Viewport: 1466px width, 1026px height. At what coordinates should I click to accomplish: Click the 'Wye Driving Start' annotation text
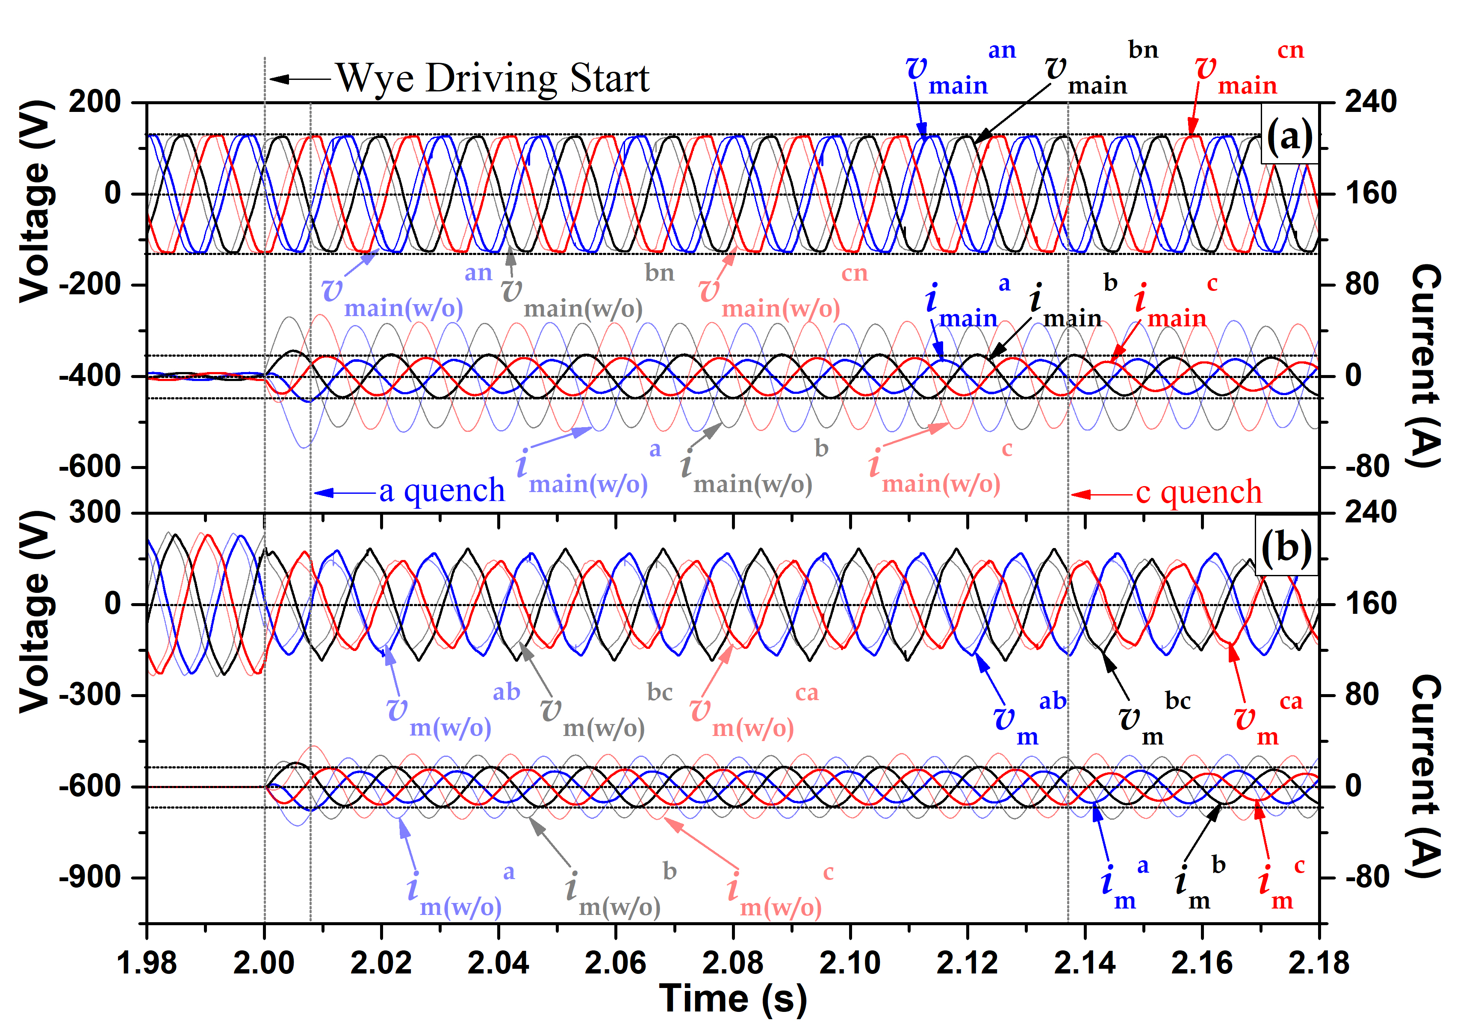click(x=493, y=79)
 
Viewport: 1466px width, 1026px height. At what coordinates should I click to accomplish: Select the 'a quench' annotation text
click(x=442, y=491)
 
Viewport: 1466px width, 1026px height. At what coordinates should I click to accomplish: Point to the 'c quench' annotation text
click(x=1198, y=492)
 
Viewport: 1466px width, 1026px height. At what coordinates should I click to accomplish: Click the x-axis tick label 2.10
click(x=850, y=963)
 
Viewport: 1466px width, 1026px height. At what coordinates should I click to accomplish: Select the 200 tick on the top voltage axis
click(x=94, y=102)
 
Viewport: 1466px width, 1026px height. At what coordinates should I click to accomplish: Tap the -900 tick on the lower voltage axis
click(x=90, y=877)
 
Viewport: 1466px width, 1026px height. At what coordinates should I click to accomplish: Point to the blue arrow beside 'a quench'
click(x=345, y=492)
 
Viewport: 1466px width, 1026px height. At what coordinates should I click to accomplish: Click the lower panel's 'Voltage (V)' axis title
click(x=35, y=611)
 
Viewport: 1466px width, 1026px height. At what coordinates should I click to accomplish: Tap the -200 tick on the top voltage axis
click(x=90, y=284)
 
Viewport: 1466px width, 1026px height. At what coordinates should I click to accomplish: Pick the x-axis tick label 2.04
click(x=498, y=963)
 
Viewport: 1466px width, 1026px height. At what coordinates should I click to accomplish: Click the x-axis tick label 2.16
click(x=1202, y=963)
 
